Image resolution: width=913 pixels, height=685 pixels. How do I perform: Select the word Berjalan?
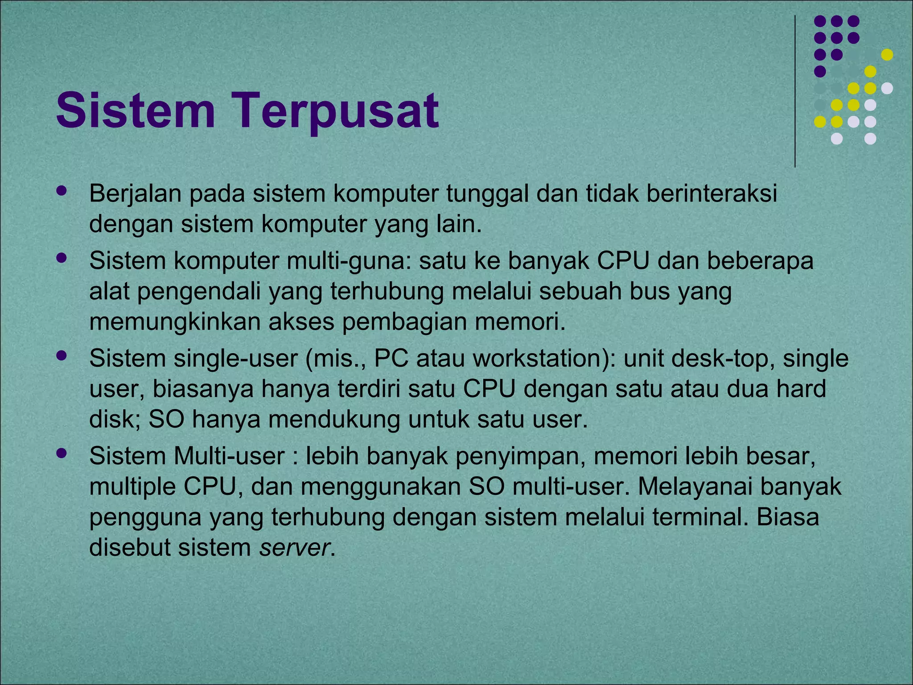click(136, 194)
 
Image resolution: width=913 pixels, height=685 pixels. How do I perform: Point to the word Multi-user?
click(229, 456)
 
